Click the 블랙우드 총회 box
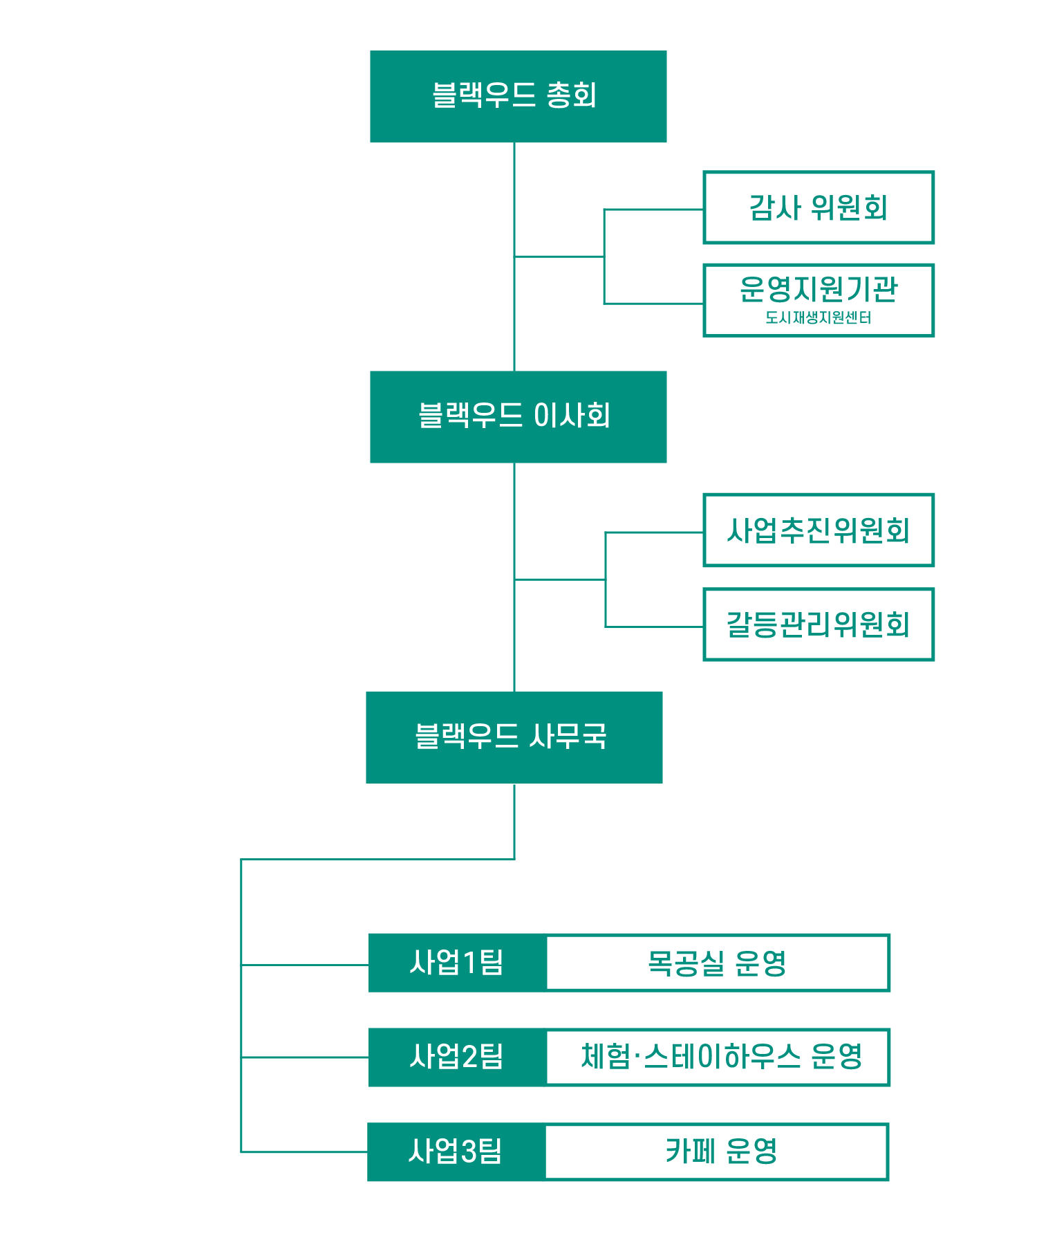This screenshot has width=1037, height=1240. (x=518, y=96)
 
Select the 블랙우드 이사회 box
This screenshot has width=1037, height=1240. (x=518, y=416)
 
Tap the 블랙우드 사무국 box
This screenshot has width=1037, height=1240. (x=514, y=737)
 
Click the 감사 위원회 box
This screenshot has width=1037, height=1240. (x=819, y=207)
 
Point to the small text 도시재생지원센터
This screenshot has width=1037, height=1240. (x=818, y=318)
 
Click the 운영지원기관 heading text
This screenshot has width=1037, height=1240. (x=818, y=289)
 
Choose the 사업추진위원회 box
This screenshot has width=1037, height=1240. (x=819, y=530)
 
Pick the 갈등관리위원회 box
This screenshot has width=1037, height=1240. (x=819, y=624)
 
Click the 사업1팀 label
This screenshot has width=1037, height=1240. (x=456, y=963)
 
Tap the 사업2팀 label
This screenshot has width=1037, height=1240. (x=456, y=1057)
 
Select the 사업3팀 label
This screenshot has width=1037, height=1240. (x=455, y=1151)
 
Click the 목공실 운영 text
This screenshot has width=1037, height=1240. (x=717, y=963)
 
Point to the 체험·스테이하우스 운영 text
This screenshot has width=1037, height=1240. (x=721, y=1057)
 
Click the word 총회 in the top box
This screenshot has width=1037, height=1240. (x=572, y=95)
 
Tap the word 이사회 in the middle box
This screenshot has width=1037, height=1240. (x=572, y=416)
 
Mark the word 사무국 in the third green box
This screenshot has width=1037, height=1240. (x=568, y=737)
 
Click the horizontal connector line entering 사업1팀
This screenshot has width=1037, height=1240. (x=304, y=964)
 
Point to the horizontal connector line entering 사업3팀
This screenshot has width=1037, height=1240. (x=304, y=1152)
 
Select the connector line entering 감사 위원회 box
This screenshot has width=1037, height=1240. (x=653, y=210)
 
